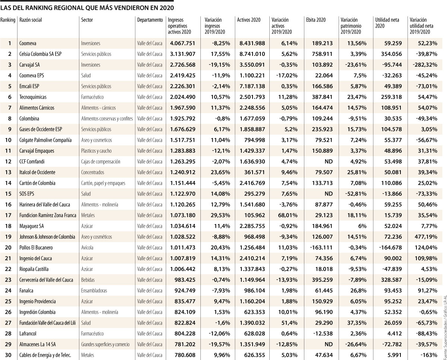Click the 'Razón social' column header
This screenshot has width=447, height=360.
coord(31,20)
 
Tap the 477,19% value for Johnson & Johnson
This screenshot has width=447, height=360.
coord(426,237)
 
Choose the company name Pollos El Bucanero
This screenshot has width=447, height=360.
coord(36,248)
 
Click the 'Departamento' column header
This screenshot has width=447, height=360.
coord(150,20)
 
